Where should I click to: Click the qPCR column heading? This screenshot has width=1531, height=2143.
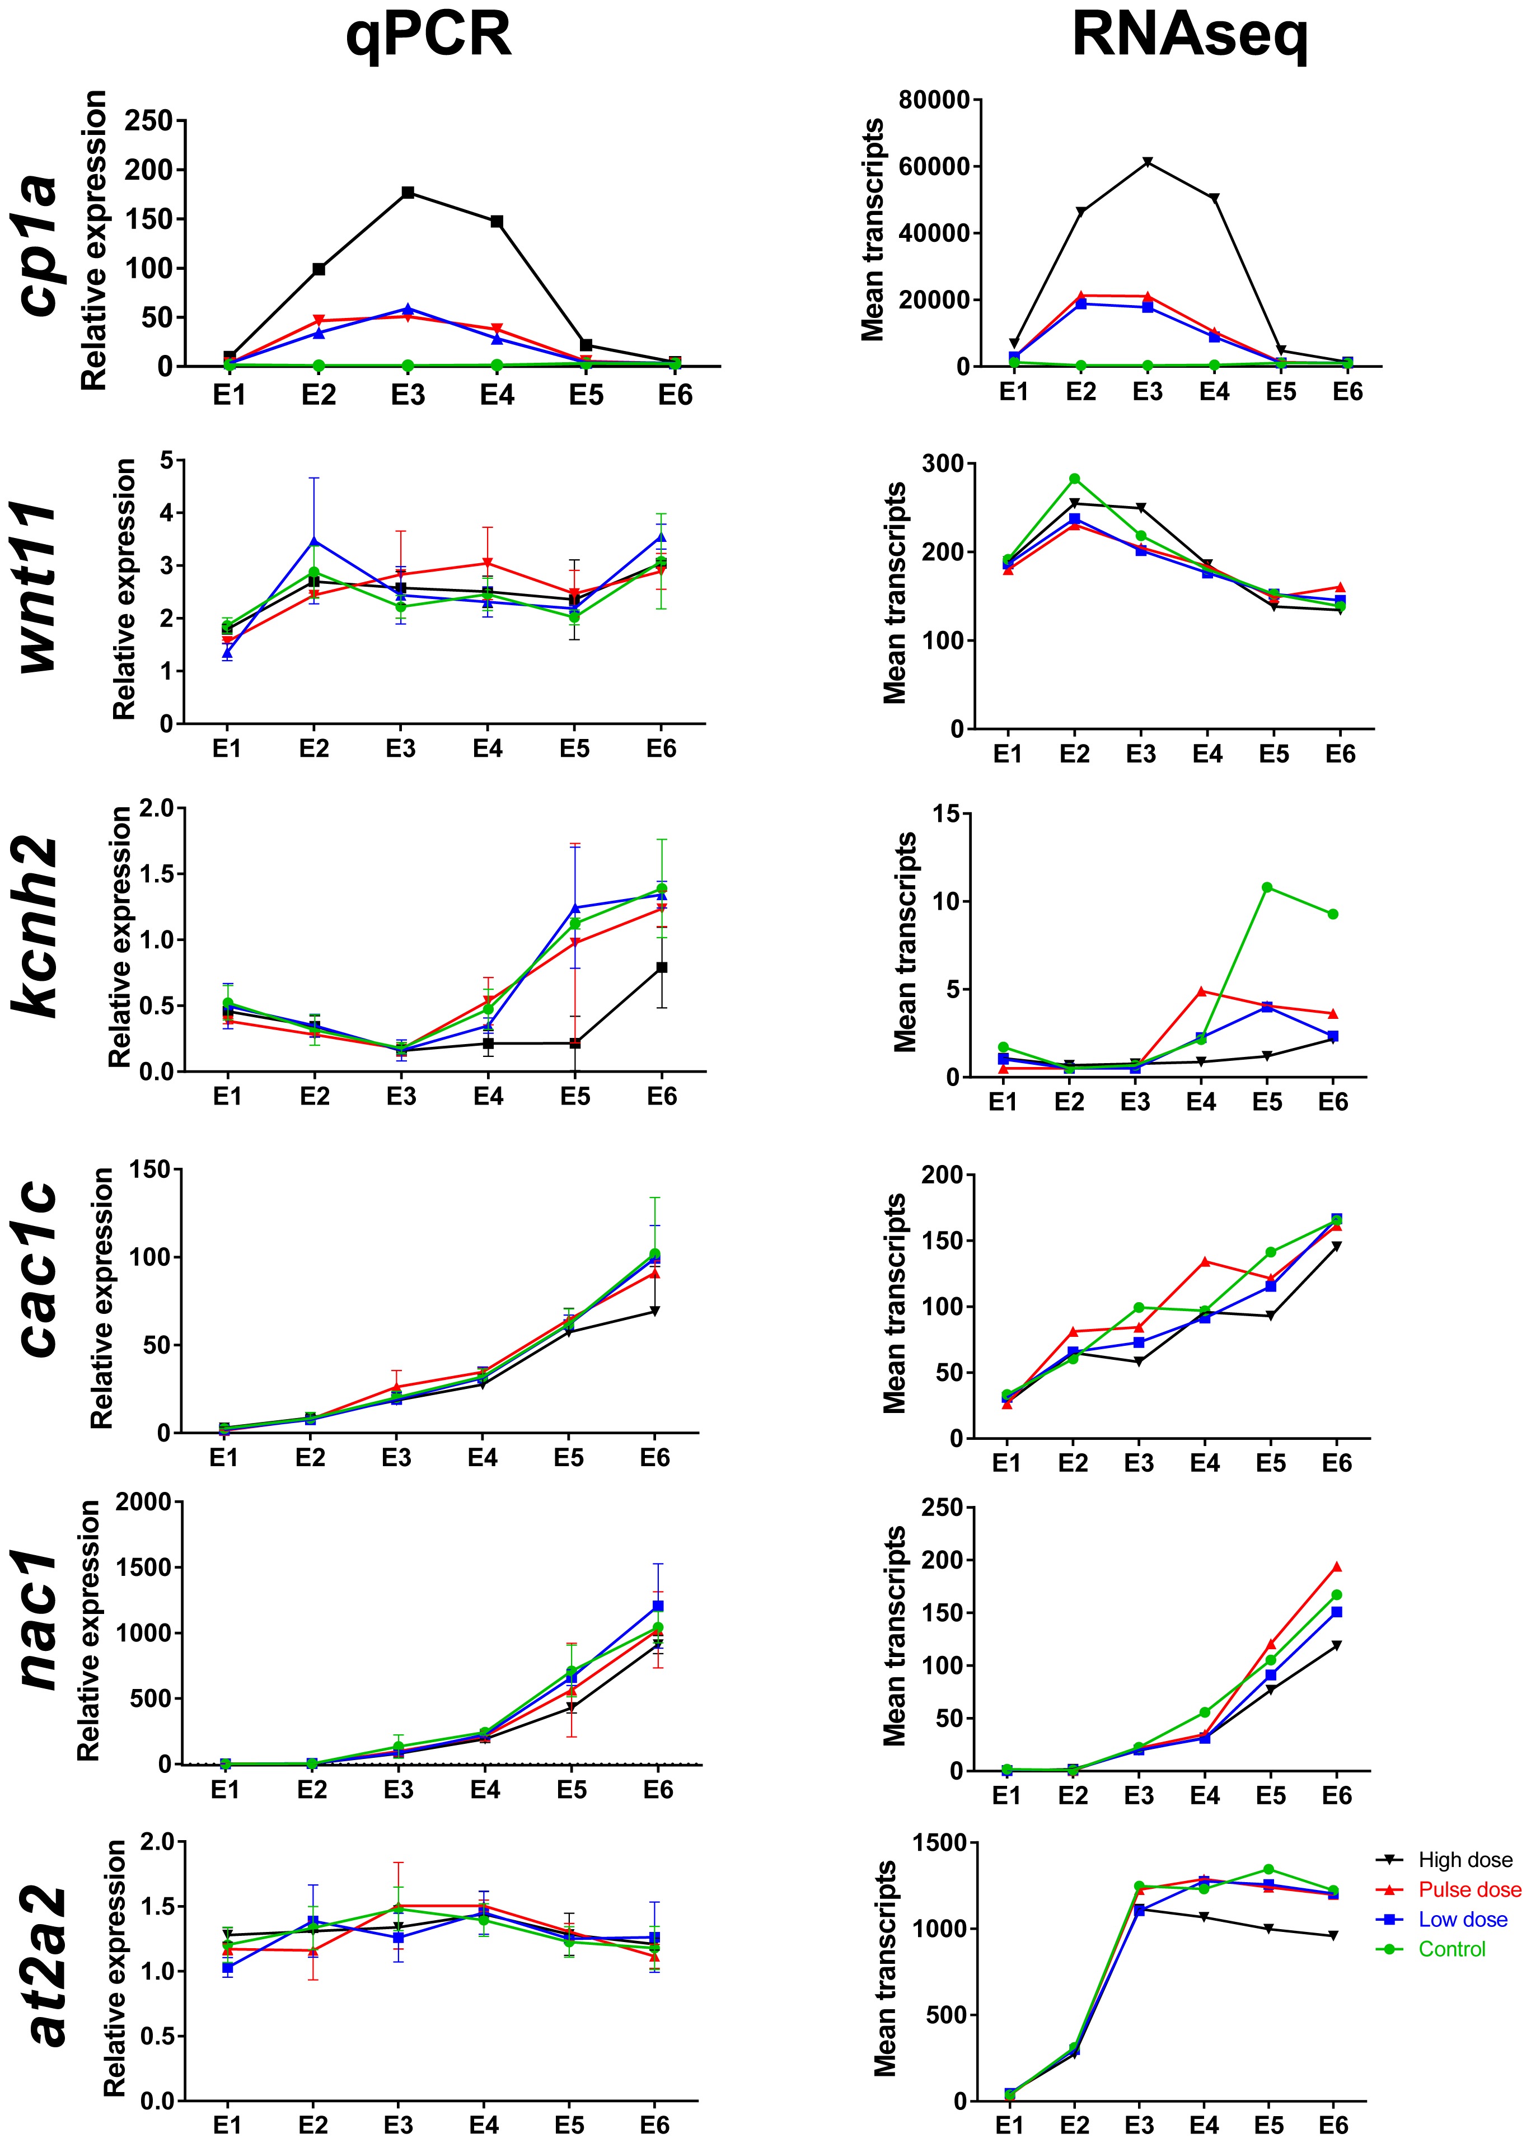pyautogui.click(x=428, y=36)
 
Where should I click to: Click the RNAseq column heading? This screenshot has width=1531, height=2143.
pyautogui.click(x=1190, y=36)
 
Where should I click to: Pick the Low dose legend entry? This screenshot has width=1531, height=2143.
pyautogui.click(x=1462, y=1920)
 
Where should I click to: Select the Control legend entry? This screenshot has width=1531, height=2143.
pyautogui.click(x=1452, y=1949)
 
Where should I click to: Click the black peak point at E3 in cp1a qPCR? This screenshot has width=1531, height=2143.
pyautogui.click(x=408, y=193)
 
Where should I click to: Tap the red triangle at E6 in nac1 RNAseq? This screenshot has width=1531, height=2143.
pyautogui.click(x=1337, y=1567)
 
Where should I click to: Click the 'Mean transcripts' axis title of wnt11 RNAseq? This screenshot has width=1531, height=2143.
pyautogui.click(x=895, y=592)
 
